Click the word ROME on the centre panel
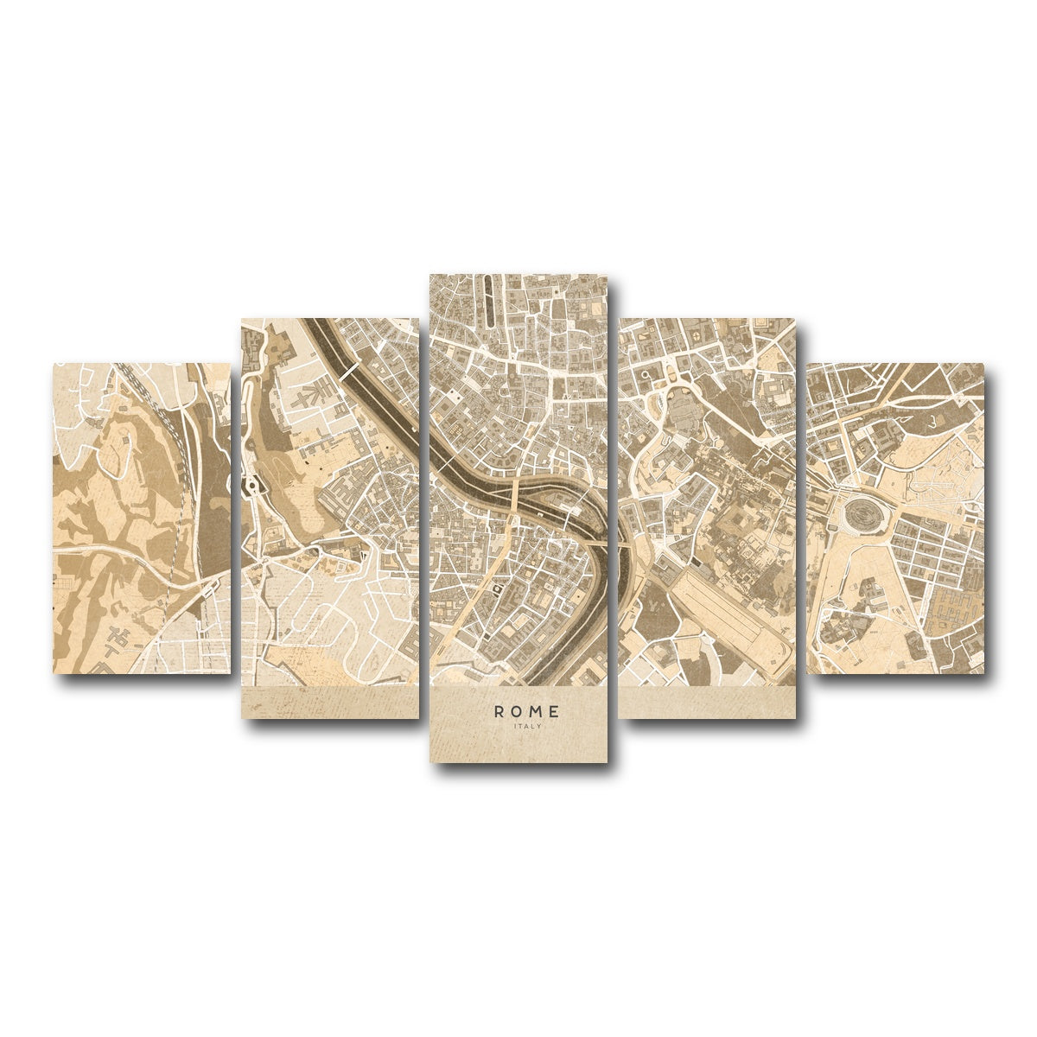tap(527, 711)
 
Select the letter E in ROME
tap(555, 711)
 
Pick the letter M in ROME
tap(537, 711)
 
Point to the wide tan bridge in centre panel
tap(513, 501)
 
